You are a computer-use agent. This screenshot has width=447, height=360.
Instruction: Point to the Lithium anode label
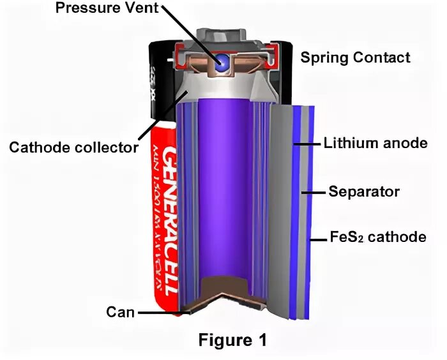click(375, 143)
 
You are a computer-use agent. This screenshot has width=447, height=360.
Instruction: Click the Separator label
click(363, 191)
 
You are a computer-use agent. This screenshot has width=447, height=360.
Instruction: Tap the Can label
click(120, 312)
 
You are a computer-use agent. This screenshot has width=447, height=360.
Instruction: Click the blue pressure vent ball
click(223, 61)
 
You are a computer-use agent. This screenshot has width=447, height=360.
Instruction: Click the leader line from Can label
click(160, 313)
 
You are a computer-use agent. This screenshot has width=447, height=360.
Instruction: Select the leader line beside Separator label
click(313, 191)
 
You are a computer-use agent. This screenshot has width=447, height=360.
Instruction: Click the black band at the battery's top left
click(163, 77)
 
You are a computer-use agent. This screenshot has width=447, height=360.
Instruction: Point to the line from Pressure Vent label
click(192, 35)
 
